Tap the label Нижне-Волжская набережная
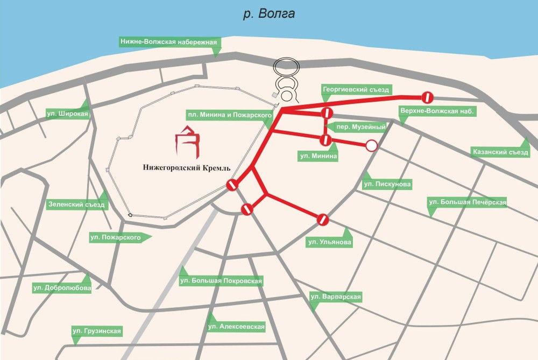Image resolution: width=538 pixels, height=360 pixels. point(168,42)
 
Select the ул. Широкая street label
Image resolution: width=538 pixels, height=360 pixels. point(66,114)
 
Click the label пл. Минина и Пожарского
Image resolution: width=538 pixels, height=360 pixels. point(229,114)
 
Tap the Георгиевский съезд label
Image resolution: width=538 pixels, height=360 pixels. point(355,89)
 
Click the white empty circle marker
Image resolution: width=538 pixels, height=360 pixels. point(371,145)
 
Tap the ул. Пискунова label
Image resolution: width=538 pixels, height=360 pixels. point(387,185)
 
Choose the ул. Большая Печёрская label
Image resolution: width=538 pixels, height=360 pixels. point(466,202)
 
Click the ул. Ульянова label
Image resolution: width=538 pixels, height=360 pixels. point(329,243)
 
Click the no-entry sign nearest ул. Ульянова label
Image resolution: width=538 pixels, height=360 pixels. point(322,220)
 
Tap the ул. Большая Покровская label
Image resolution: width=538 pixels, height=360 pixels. point(221,280)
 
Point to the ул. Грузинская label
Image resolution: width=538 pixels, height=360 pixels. point(100,330)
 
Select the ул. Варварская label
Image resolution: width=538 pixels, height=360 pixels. point(335,297)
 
